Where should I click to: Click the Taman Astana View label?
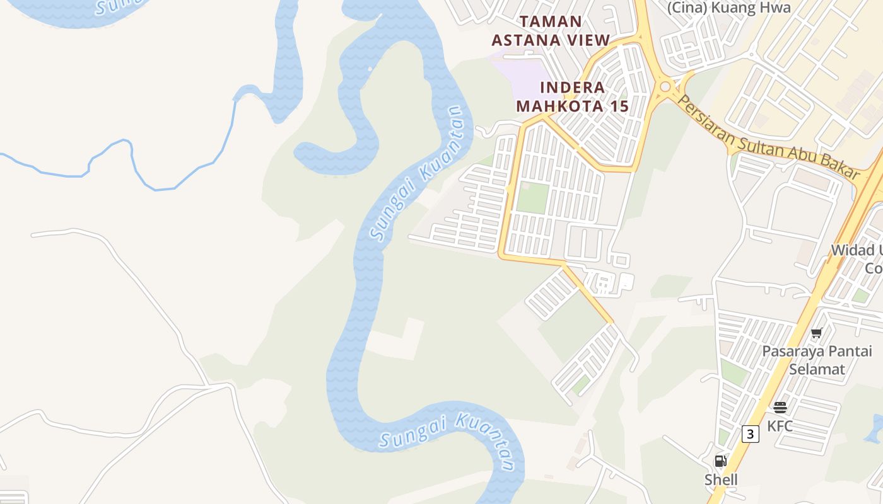pos(551,31)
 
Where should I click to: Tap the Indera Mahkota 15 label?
pos(573,96)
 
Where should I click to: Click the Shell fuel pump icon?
pos(720,461)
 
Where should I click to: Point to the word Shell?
pos(721,480)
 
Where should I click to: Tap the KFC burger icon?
pos(780,408)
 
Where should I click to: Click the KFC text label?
pos(780,427)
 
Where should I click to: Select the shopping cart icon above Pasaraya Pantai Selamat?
pos(817,333)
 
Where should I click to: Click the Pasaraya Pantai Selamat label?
pos(817,360)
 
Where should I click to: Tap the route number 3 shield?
pos(750,433)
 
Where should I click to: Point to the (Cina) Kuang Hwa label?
pos(728,8)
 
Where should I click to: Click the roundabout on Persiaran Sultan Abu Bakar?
pos(666,88)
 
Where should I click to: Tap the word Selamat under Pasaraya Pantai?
pos(817,369)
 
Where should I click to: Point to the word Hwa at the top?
pos(775,8)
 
